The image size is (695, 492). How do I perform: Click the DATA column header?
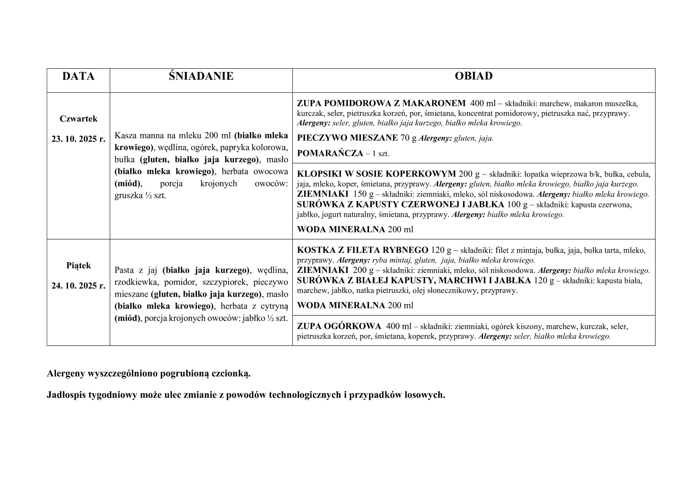(x=78, y=76)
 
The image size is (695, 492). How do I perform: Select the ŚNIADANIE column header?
(x=201, y=76)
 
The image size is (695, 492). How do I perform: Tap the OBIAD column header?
(x=473, y=76)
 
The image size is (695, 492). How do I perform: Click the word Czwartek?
(x=78, y=119)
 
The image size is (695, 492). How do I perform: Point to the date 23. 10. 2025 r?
(x=78, y=139)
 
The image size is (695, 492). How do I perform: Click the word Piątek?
(x=78, y=266)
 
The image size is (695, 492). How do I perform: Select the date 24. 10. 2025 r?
(x=78, y=286)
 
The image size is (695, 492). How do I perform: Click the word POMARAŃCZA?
(x=330, y=153)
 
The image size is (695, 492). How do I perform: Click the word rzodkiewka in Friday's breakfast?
(x=137, y=282)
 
